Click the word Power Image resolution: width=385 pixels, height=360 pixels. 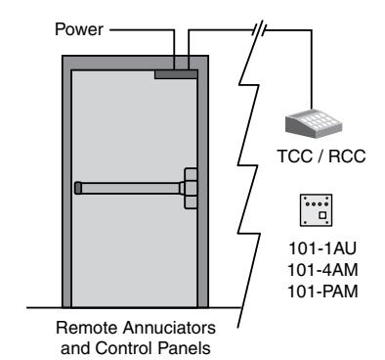point(79,29)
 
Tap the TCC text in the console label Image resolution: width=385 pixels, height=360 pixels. point(294,156)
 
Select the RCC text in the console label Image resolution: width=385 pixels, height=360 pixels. point(347,156)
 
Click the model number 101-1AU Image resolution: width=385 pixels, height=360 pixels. point(322,248)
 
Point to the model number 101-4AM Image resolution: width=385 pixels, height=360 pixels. point(322,270)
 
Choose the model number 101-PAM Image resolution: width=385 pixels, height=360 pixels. point(322,292)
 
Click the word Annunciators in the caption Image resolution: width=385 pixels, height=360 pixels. point(169,328)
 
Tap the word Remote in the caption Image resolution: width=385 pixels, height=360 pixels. point(87,328)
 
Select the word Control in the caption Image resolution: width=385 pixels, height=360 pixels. point(123,348)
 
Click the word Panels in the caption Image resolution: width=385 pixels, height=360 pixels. point(184,348)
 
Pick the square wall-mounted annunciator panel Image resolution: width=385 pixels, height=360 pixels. point(316,210)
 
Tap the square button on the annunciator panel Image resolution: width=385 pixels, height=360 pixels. point(322,215)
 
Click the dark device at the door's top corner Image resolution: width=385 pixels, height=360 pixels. point(176,74)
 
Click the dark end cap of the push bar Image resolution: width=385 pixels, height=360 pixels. point(78,188)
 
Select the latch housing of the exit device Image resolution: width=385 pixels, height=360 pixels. point(191,188)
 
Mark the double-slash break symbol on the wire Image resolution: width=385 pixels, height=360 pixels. point(259,29)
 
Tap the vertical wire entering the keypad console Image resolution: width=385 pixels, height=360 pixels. point(312,69)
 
